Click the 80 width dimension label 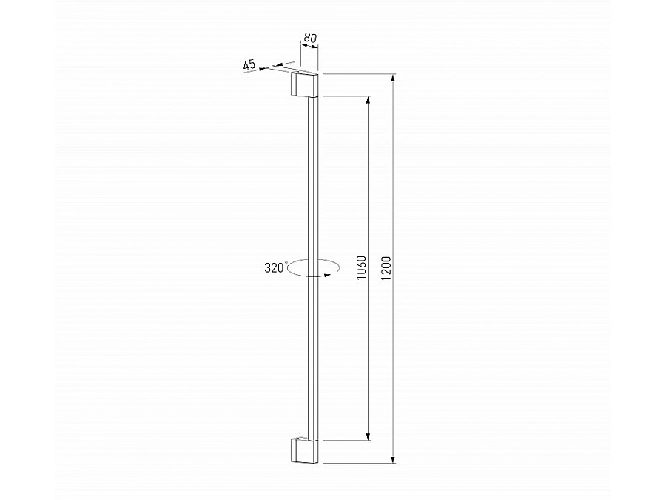tap(309, 37)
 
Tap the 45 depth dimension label tap(249, 65)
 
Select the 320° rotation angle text tap(274, 268)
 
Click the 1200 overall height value tap(387, 267)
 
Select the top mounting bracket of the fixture tap(304, 84)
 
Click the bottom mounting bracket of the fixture tap(304, 451)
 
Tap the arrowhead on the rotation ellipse tap(324, 274)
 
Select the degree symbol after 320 tap(286, 263)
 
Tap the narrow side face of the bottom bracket tap(294, 451)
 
